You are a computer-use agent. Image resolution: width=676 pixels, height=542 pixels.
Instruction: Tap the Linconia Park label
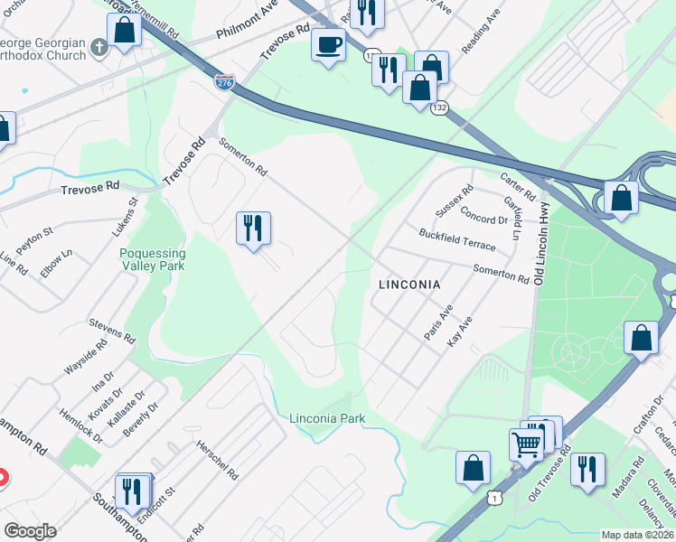(327, 419)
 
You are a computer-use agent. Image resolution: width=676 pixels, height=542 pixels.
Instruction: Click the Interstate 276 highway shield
(224, 82)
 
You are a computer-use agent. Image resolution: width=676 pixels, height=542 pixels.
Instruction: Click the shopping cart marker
(526, 444)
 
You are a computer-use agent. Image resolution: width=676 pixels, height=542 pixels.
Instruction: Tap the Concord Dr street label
(484, 219)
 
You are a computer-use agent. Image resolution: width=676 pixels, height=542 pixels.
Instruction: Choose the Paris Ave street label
(437, 322)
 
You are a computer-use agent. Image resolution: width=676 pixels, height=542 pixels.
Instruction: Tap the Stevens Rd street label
(111, 327)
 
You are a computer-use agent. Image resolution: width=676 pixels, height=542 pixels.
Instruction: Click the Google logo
(30, 531)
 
